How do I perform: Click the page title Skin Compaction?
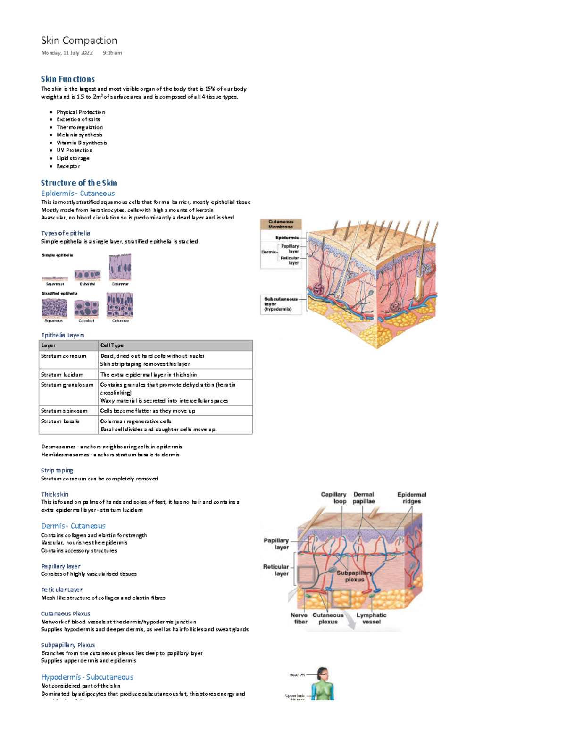click(x=79, y=41)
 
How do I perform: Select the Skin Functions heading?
click(x=67, y=79)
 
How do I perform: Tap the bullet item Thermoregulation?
click(x=79, y=127)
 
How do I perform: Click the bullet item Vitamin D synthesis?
click(x=82, y=143)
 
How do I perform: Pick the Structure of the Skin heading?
click(x=78, y=183)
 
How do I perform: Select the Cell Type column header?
click(x=112, y=345)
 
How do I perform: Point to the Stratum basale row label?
click(x=60, y=421)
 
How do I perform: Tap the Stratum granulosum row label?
click(x=67, y=385)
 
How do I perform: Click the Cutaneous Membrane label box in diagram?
click(x=281, y=224)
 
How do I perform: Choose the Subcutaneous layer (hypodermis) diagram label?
click(x=280, y=304)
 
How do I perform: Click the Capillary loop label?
click(x=334, y=498)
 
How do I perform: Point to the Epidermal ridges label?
click(x=411, y=498)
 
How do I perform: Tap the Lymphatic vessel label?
click(x=371, y=618)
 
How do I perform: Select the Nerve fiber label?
click(x=299, y=618)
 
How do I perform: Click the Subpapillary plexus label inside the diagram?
click(x=354, y=576)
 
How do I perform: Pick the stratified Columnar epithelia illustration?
click(x=120, y=304)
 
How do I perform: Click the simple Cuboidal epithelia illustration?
click(x=87, y=275)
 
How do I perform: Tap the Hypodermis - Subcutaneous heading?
click(x=87, y=677)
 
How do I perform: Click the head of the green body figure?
click(x=323, y=673)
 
